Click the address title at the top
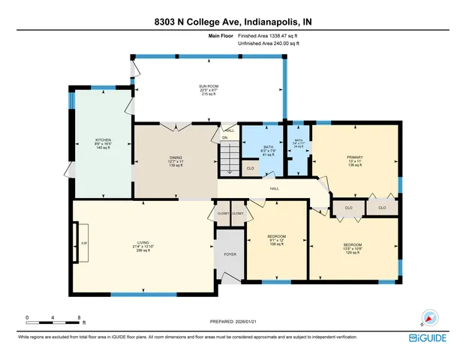pos(233,22)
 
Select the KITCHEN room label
pos(103,144)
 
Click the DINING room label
pos(176,160)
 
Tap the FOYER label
pos(230,255)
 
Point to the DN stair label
pos(224,138)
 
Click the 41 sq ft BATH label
pos(269,151)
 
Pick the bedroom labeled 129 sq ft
pos(352,248)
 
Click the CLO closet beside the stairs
pos(251,169)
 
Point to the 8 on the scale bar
pos(79,318)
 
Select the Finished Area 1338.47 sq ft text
pos(269,36)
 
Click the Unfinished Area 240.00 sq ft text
pos(269,44)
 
